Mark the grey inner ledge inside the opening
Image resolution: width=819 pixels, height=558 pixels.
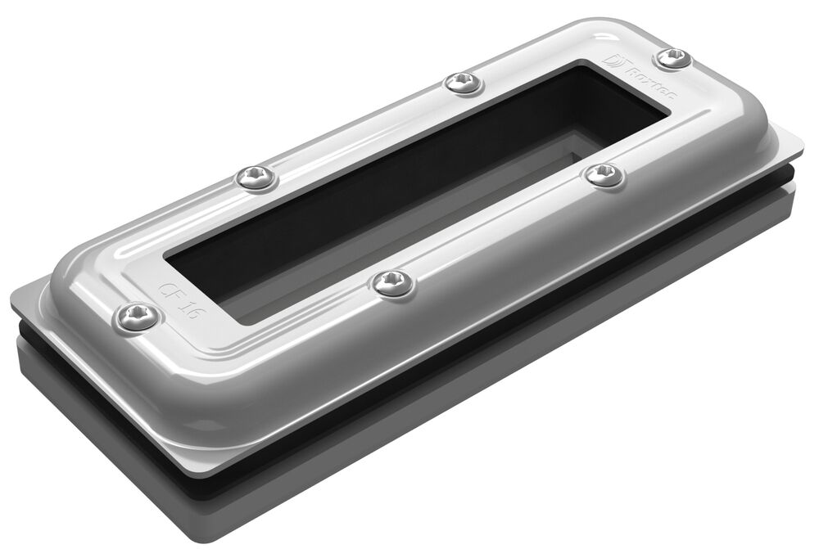[459, 205]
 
